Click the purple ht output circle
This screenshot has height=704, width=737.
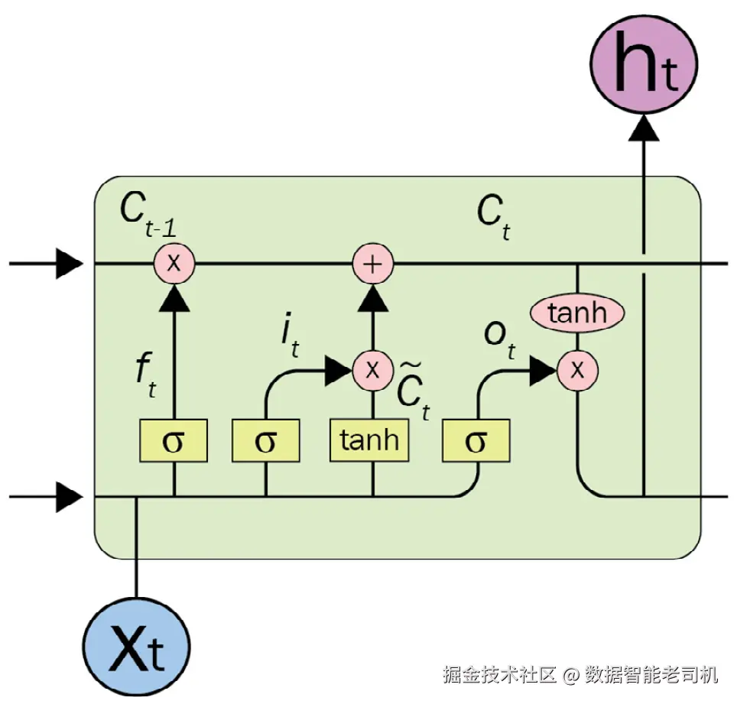click(644, 64)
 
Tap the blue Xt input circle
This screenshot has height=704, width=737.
click(136, 647)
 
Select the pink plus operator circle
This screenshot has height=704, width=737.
click(373, 264)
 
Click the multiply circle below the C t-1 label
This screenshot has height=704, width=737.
click(174, 263)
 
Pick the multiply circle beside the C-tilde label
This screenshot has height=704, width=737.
click(373, 370)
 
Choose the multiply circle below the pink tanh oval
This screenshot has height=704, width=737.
click(578, 370)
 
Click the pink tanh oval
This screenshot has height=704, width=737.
click(577, 313)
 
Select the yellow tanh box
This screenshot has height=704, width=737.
click(369, 440)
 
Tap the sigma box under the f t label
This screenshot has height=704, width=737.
click(174, 440)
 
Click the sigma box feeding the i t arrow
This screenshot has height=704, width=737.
click(265, 440)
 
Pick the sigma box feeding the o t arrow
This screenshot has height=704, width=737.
click(476, 440)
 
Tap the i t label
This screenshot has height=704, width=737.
click(290, 335)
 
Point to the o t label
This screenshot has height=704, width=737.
click(500, 341)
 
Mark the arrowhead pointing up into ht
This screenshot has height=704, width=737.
click(644, 128)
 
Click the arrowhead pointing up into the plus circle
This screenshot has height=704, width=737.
click(373, 298)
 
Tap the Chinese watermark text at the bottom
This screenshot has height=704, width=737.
click(580, 674)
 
